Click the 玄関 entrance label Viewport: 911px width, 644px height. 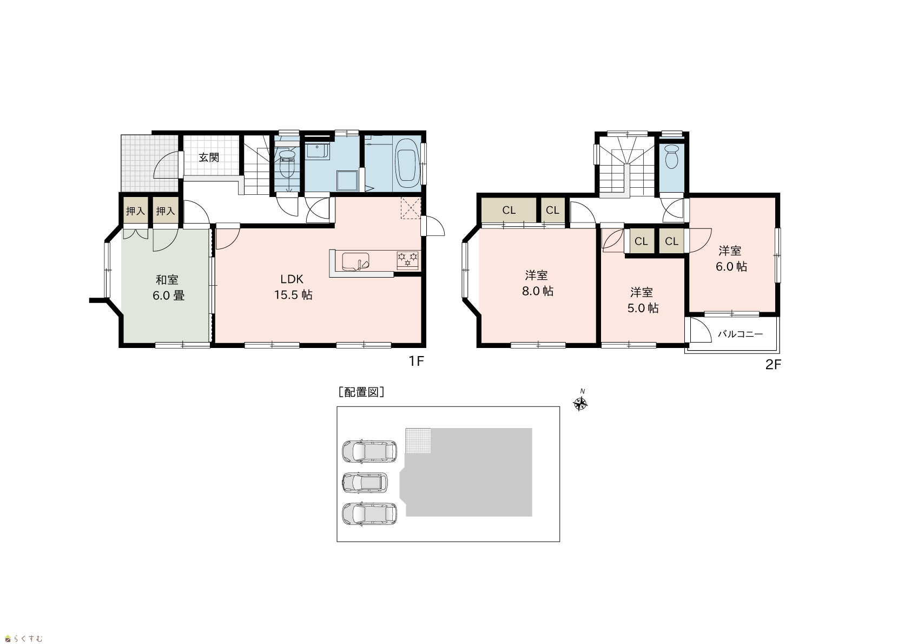(209, 157)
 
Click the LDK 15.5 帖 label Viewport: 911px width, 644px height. (293, 287)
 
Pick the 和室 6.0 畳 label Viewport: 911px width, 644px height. (168, 287)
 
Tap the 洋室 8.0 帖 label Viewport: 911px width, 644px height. (537, 283)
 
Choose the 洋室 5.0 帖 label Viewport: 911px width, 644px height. (643, 300)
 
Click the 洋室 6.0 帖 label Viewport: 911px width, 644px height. (731, 258)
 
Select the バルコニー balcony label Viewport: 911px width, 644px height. (740, 334)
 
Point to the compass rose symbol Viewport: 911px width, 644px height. (580, 403)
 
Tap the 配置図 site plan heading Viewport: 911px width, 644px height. (361, 392)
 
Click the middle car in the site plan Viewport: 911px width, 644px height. (365, 483)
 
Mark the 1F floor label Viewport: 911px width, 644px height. (416, 361)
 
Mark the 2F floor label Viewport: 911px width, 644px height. (773, 365)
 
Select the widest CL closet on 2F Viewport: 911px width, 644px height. (509, 210)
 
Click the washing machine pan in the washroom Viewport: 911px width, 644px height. (347, 180)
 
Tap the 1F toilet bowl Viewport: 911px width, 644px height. (287, 164)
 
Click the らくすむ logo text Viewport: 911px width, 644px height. (24, 639)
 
